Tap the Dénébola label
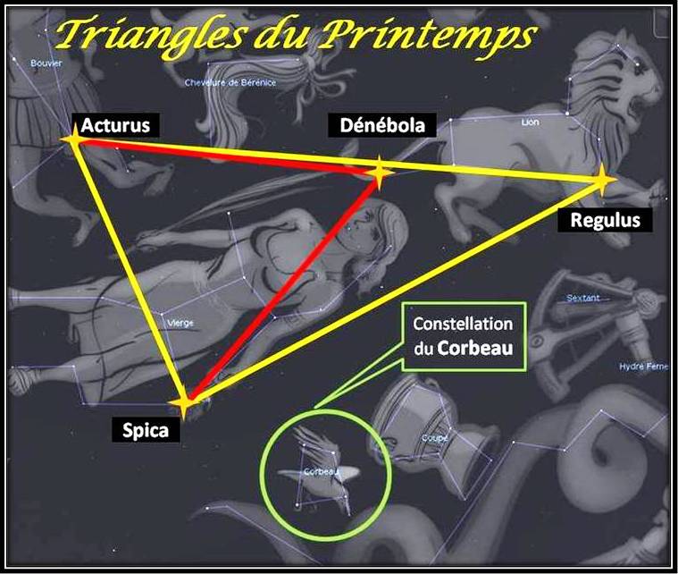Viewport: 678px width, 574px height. (381, 125)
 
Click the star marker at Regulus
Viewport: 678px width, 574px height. (604, 181)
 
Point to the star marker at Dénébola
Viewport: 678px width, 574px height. (379, 173)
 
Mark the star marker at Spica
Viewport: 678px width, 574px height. (185, 403)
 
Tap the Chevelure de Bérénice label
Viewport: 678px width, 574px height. (230, 83)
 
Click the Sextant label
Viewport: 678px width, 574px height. (583, 298)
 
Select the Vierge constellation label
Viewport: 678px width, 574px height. (180, 323)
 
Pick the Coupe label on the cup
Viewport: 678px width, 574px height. (435, 438)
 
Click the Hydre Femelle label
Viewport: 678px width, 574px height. (642, 367)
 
